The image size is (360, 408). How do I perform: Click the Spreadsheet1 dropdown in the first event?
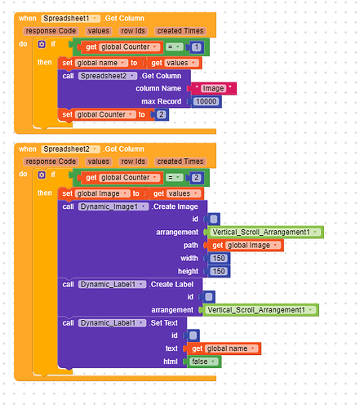click(x=70, y=19)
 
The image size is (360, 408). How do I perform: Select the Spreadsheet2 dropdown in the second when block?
click(x=70, y=149)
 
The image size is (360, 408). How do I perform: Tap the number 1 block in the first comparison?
click(x=196, y=47)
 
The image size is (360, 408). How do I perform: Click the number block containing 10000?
click(x=206, y=101)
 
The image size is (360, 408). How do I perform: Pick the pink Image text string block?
click(x=213, y=88)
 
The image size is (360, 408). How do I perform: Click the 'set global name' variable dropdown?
click(x=101, y=63)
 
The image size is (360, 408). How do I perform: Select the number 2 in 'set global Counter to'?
click(x=162, y=114)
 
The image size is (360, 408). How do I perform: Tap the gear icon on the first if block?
click(x=42, y=44)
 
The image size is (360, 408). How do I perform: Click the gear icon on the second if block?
click(x=42, y=175)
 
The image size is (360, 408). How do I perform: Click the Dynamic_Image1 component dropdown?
click(x=113, y=206)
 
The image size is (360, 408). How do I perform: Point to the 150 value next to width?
click(x=219, y=258)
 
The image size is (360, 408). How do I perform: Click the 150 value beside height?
click(x=219, y=271)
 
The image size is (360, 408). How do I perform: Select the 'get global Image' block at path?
click(x=246, y=246)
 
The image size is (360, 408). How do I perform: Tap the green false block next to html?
click(x=204, y=361)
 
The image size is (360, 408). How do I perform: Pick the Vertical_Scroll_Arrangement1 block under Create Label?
click(x=260, y=310)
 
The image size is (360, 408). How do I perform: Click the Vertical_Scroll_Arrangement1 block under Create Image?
click(x=265, y=232)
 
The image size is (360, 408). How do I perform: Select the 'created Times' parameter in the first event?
click(x=180, y=31)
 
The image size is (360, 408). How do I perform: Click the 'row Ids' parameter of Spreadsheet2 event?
click(x=133, y=162)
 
